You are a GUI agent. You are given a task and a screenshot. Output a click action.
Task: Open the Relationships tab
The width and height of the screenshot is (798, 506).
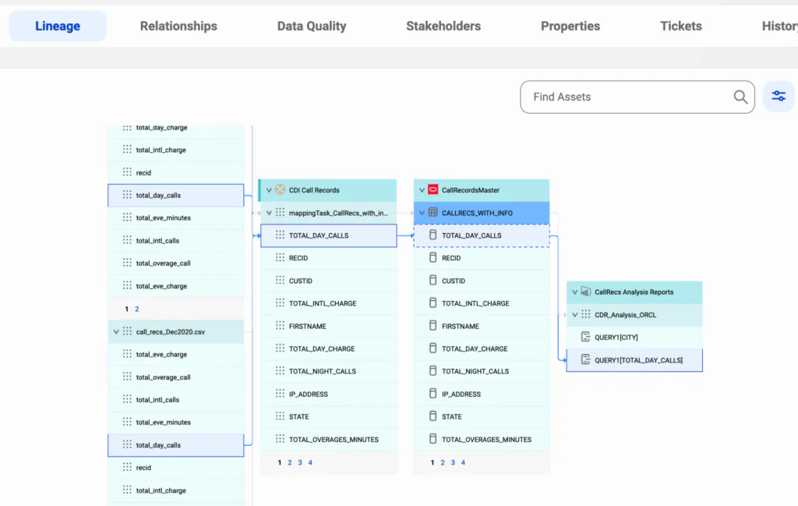pyautogui.click(x=178, y=26)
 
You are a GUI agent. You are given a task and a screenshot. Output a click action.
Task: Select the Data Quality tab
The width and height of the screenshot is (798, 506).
pyautogui.click(x=312, y=26)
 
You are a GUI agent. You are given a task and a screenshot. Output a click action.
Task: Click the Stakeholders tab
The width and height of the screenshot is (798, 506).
pyautogui.click(x=443, y=26)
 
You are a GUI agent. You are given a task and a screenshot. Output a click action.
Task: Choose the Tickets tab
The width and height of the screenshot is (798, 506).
pyautogui.click(x=681, y=26)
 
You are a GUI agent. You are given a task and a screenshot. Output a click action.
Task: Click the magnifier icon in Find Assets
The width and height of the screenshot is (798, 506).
pyautogui.click(x=740, y=97)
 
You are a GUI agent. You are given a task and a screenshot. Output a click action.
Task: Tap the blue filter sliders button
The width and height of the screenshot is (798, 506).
pyautogui.click(x=779, y=96)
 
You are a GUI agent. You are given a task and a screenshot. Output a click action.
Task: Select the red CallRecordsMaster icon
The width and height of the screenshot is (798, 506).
pyautogui.click(x=433, y=190)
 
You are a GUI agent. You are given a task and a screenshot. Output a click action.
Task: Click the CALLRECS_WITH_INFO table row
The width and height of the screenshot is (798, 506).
pyautogui.click(x=482, y=213)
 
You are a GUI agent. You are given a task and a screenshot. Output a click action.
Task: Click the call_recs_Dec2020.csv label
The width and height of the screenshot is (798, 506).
pyautogui.click(x=171, y=332)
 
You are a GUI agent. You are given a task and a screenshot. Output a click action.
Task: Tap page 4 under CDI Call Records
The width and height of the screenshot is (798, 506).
pyautogui.click(x=310, y=463)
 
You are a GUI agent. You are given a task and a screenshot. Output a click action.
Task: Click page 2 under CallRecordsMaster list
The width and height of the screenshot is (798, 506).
pyautogui.click(x=443, y=463)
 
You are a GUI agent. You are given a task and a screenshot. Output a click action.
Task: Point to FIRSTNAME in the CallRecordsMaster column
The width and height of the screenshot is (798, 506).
pyautogui.click(x=460, y=327)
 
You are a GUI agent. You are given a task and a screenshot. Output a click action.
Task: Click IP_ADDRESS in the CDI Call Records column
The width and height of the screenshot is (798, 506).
pyautogui.click(x=309, y=394)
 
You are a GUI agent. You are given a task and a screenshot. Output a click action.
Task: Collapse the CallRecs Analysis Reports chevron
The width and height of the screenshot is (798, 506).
pyautogui.click(x=574, y=292)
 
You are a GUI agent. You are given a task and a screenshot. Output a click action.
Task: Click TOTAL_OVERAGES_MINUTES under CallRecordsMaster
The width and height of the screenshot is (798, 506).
pyautogui.click(x=486, y=439)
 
